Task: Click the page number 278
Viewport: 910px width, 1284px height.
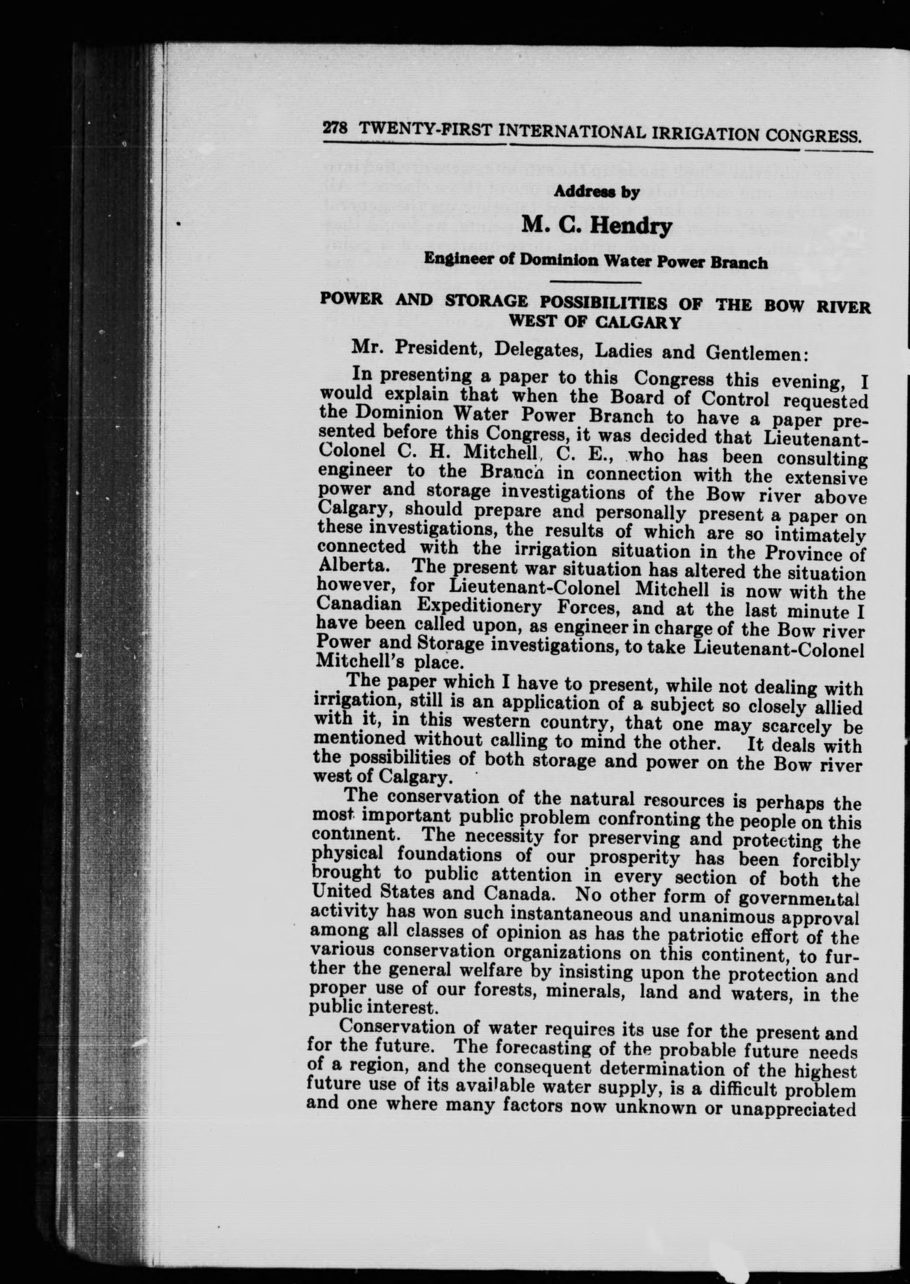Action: (335, 128)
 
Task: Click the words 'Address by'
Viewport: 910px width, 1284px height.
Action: (596, 192)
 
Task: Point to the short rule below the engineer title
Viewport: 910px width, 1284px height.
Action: (596, 281)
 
